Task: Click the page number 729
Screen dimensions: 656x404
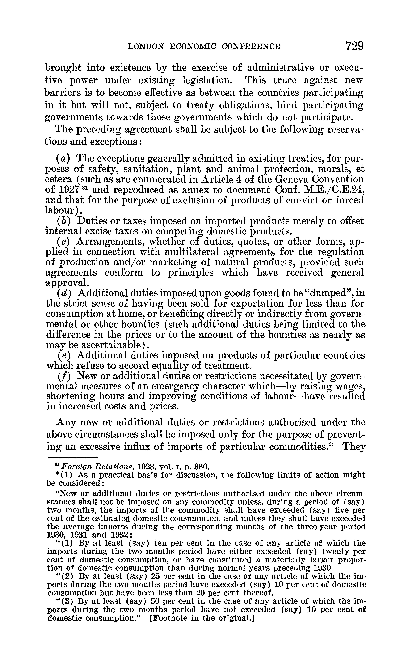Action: [x=355, y=46]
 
